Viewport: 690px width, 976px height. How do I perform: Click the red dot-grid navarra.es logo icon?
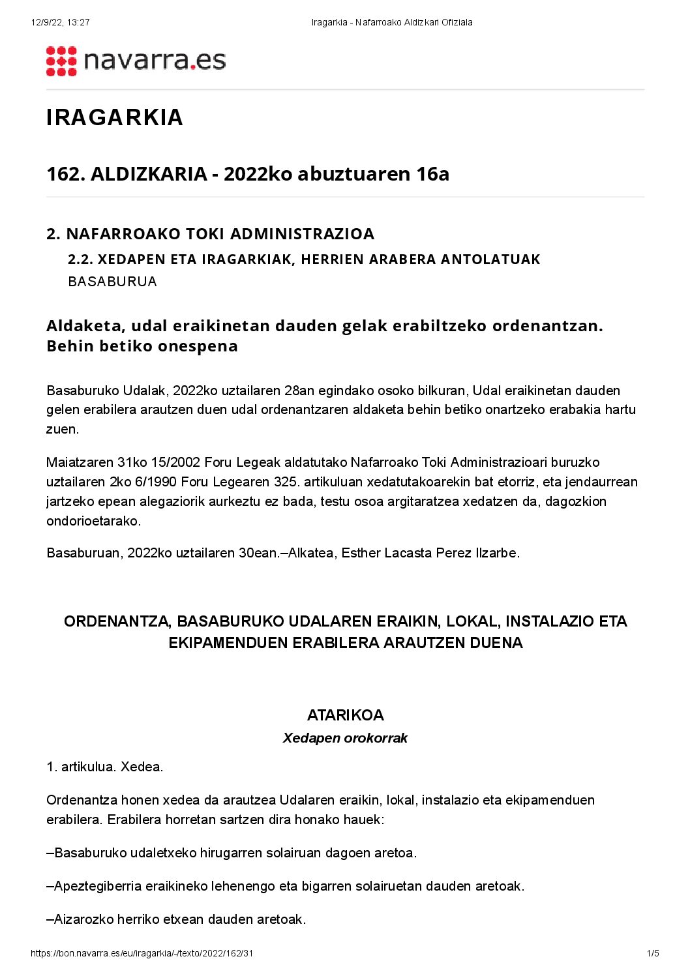tap(61, 61)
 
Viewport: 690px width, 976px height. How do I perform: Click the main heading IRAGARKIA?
tap(115, 117)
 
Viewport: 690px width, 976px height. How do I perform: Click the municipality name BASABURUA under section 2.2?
tap(112, 282)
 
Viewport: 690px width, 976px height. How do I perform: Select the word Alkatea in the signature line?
tap(310, 553)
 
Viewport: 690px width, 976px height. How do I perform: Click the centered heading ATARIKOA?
tap(345, 715)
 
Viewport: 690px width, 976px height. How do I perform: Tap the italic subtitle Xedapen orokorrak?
tap(345, 738)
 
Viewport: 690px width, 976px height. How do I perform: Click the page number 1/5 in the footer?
tap(653, 953)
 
